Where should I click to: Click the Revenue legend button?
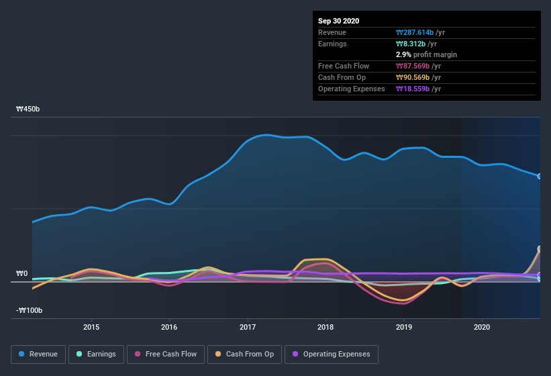tap(38, 354)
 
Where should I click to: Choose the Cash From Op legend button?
tap(244, 354)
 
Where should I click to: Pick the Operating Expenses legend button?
tap(331, 354)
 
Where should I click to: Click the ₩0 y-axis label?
tap(21, 273)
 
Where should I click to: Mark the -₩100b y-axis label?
tap(29, 310)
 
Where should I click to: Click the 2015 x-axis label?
tap(91, 327)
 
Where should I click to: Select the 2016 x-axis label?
tap(169, 327)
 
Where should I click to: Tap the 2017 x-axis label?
tap(248, 327)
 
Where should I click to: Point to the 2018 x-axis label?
tap(325, 327)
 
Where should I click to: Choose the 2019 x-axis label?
tap(404, 327)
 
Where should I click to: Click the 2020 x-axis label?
tap(482, 327)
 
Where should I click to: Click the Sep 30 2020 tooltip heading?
tap(339, 21)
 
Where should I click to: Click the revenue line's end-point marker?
tap(540, 177)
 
